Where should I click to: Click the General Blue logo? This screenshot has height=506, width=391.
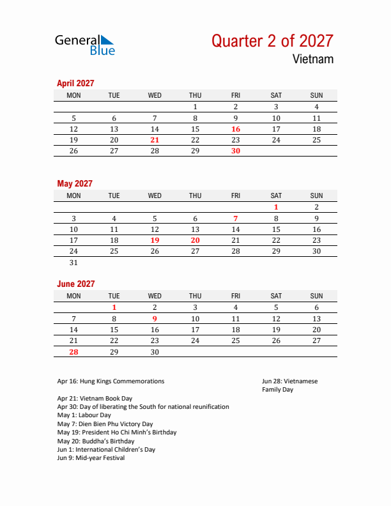85,44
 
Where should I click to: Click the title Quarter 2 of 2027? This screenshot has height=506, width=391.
272,41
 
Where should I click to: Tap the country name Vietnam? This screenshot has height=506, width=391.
313,59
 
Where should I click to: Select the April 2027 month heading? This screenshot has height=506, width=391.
75,83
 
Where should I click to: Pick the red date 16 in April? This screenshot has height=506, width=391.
236,129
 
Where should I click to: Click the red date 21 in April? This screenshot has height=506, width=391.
155,140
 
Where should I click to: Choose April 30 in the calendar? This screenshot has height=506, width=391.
236,151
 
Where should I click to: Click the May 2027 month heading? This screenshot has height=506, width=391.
75,183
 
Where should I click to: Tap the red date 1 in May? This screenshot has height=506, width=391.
276,207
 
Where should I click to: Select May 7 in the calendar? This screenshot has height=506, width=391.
236,218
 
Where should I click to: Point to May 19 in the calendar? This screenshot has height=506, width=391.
155,240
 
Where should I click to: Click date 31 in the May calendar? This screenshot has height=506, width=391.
73,263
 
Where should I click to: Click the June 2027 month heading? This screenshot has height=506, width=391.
76,284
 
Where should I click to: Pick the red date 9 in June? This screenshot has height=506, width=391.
155,318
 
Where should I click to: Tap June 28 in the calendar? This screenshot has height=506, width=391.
73,351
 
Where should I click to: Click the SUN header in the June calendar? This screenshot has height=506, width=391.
316,296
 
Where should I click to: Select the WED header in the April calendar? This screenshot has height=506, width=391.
155,95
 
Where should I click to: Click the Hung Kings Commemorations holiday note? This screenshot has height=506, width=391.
111,381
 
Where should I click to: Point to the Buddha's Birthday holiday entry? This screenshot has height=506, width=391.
96,441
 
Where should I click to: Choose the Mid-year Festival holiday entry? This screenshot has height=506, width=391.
91,458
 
